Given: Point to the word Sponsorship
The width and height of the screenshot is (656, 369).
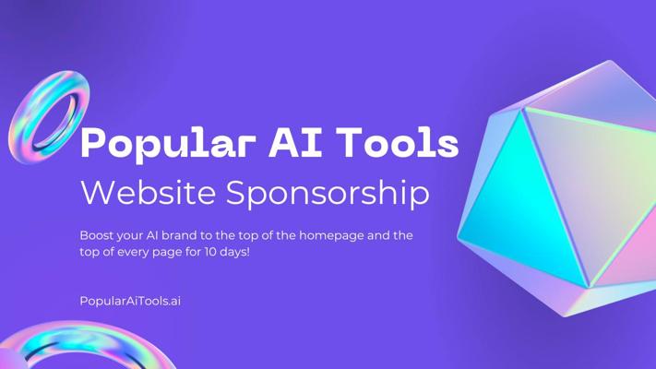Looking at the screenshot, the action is coord(328,194).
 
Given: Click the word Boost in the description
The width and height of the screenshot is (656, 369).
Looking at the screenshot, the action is coord(97,235).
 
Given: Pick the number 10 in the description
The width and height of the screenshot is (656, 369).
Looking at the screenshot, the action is coord(210,252).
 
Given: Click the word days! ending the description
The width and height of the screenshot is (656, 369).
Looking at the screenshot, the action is coord(235,253).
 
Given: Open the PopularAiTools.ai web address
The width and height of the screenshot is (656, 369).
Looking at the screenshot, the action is coord(130,301).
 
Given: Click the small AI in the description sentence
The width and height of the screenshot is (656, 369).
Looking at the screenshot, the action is coord(152,235).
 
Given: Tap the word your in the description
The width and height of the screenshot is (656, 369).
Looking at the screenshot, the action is coord(130,236).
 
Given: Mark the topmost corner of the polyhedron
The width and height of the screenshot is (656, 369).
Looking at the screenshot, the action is coord(609,61).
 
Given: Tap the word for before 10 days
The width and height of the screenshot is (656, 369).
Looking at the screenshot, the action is coord(194,252).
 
